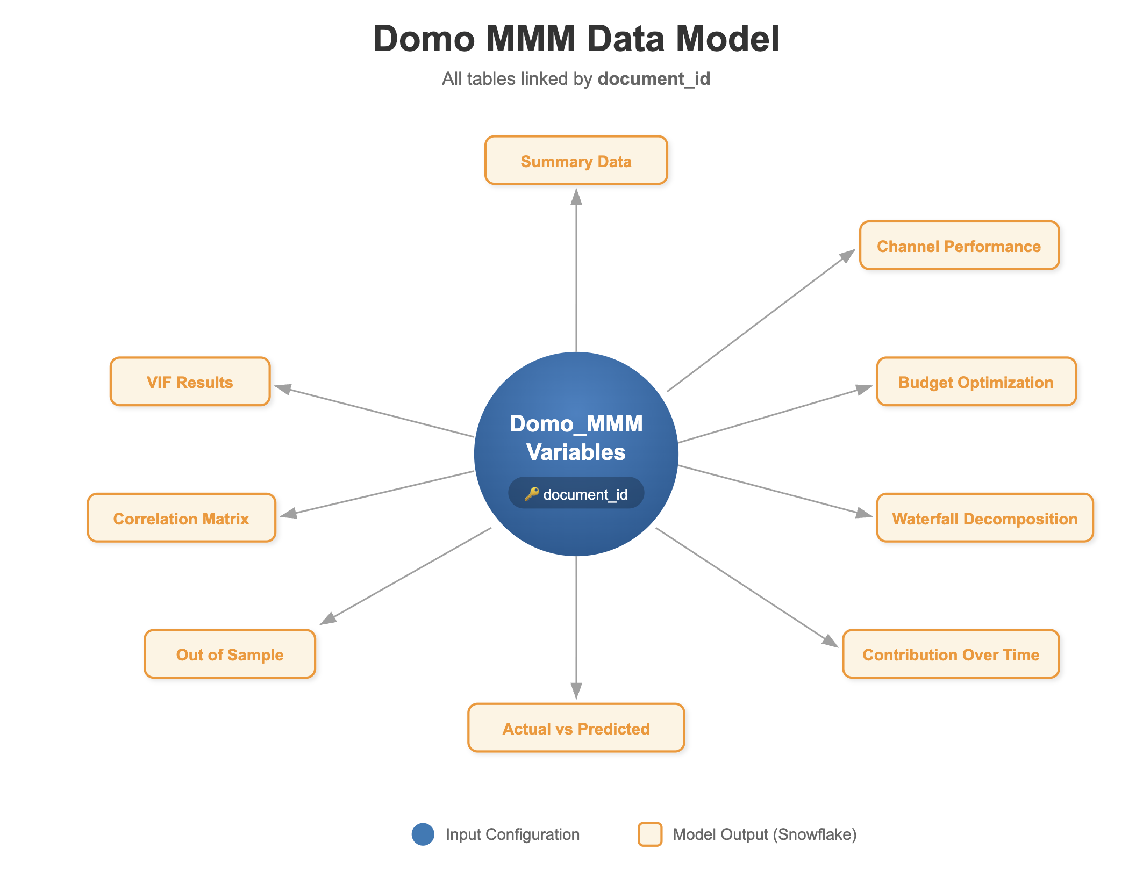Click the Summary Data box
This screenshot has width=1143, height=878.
[576, 161]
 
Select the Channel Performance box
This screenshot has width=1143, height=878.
[959, 246]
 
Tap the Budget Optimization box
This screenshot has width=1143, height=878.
[976, 382]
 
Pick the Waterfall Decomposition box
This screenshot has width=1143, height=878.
[984, 518]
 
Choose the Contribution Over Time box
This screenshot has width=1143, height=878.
[950, 654]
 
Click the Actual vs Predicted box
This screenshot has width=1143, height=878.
[576, 728]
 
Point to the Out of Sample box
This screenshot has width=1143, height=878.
[230, 654]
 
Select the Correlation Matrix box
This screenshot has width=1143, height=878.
[181, 518]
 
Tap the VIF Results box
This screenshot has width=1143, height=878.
[190, 382]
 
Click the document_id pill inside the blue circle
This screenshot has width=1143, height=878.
[576, 493]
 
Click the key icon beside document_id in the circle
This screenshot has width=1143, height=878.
[531, 493]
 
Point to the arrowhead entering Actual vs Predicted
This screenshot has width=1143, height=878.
[576, 691]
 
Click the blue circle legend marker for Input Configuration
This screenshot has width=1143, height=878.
[423, 834]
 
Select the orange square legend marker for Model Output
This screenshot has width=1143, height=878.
[649, 834]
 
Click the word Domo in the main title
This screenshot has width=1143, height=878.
[424, 39]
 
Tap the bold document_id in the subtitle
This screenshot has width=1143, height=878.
[653, 79]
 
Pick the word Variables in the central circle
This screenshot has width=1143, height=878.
[576, 452]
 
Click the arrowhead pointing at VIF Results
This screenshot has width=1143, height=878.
[283, 388]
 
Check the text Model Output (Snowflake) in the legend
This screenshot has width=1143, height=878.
[764, 834]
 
